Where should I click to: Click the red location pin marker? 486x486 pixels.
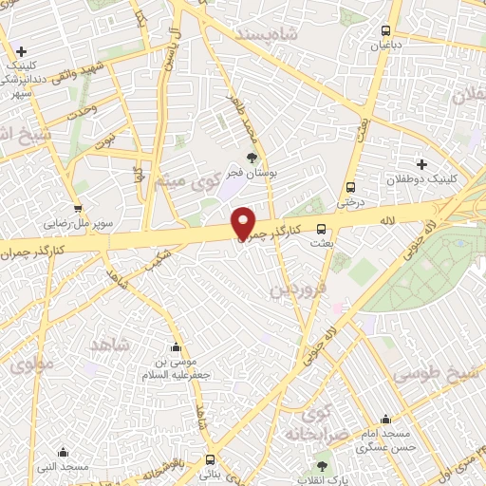coord(244,223)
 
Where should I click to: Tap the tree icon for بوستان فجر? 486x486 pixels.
coord(252,158)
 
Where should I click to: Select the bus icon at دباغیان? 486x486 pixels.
coord(385,30)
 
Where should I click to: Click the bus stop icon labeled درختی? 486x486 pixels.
coord(351,187)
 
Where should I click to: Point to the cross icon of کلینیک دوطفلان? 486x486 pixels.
coord(422,164)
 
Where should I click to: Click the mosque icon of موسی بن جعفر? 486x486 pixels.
coord(175,347)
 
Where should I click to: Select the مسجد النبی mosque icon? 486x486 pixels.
coord(64,452)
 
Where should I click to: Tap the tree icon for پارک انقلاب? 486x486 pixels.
coord(322,466)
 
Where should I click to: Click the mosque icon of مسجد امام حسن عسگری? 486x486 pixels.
coord(385,419)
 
